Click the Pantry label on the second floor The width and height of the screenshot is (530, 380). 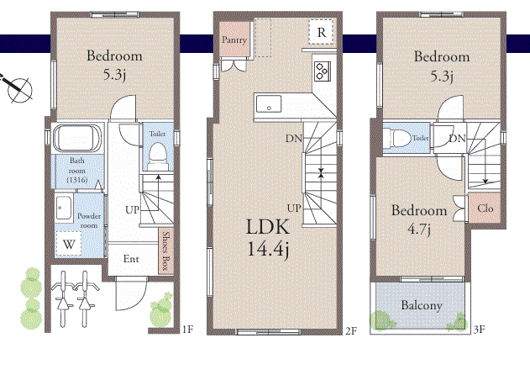(x=234, y=40)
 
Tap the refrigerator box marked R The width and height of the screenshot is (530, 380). (x=321, y=31)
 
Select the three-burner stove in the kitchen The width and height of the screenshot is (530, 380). (x=323, y=71)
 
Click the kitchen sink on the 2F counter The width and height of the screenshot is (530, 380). (x=269, y=103)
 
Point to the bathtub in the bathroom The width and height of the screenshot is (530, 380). (x=77, y=139)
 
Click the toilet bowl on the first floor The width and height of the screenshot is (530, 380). (x=158, y=156)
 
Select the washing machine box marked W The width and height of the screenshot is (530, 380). (x=69, y=244)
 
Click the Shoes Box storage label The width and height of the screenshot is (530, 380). (x=165, y=251)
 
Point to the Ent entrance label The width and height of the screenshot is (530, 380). (x=131, y=259)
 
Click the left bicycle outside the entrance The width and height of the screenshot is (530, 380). (x=62, y=298)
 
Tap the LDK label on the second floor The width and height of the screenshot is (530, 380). (x=268, y=227)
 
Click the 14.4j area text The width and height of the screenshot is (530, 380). (x=269, y=250)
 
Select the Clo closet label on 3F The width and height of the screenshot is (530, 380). (x=485, y=208)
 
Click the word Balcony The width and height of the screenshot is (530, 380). (x=422, y=305)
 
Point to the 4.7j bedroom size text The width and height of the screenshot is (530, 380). (x=419, y=230)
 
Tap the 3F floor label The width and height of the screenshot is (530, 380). (x=479, y=330)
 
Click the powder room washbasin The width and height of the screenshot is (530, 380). (x=64, y=207)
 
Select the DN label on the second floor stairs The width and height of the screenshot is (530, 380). (x=294, y=139)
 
